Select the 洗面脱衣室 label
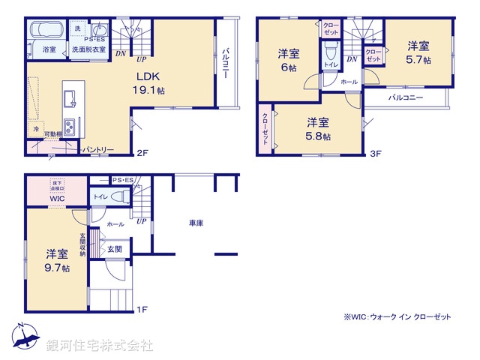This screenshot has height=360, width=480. tap(88, 49)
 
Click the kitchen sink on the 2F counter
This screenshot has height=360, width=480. tap(67, 97)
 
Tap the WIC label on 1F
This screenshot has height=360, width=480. tap(58, 199)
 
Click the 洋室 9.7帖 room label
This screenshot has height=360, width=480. tap(56, 260)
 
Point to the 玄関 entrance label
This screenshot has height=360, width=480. tap(114, 248)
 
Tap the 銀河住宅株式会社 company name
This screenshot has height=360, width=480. tap(99, 345)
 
